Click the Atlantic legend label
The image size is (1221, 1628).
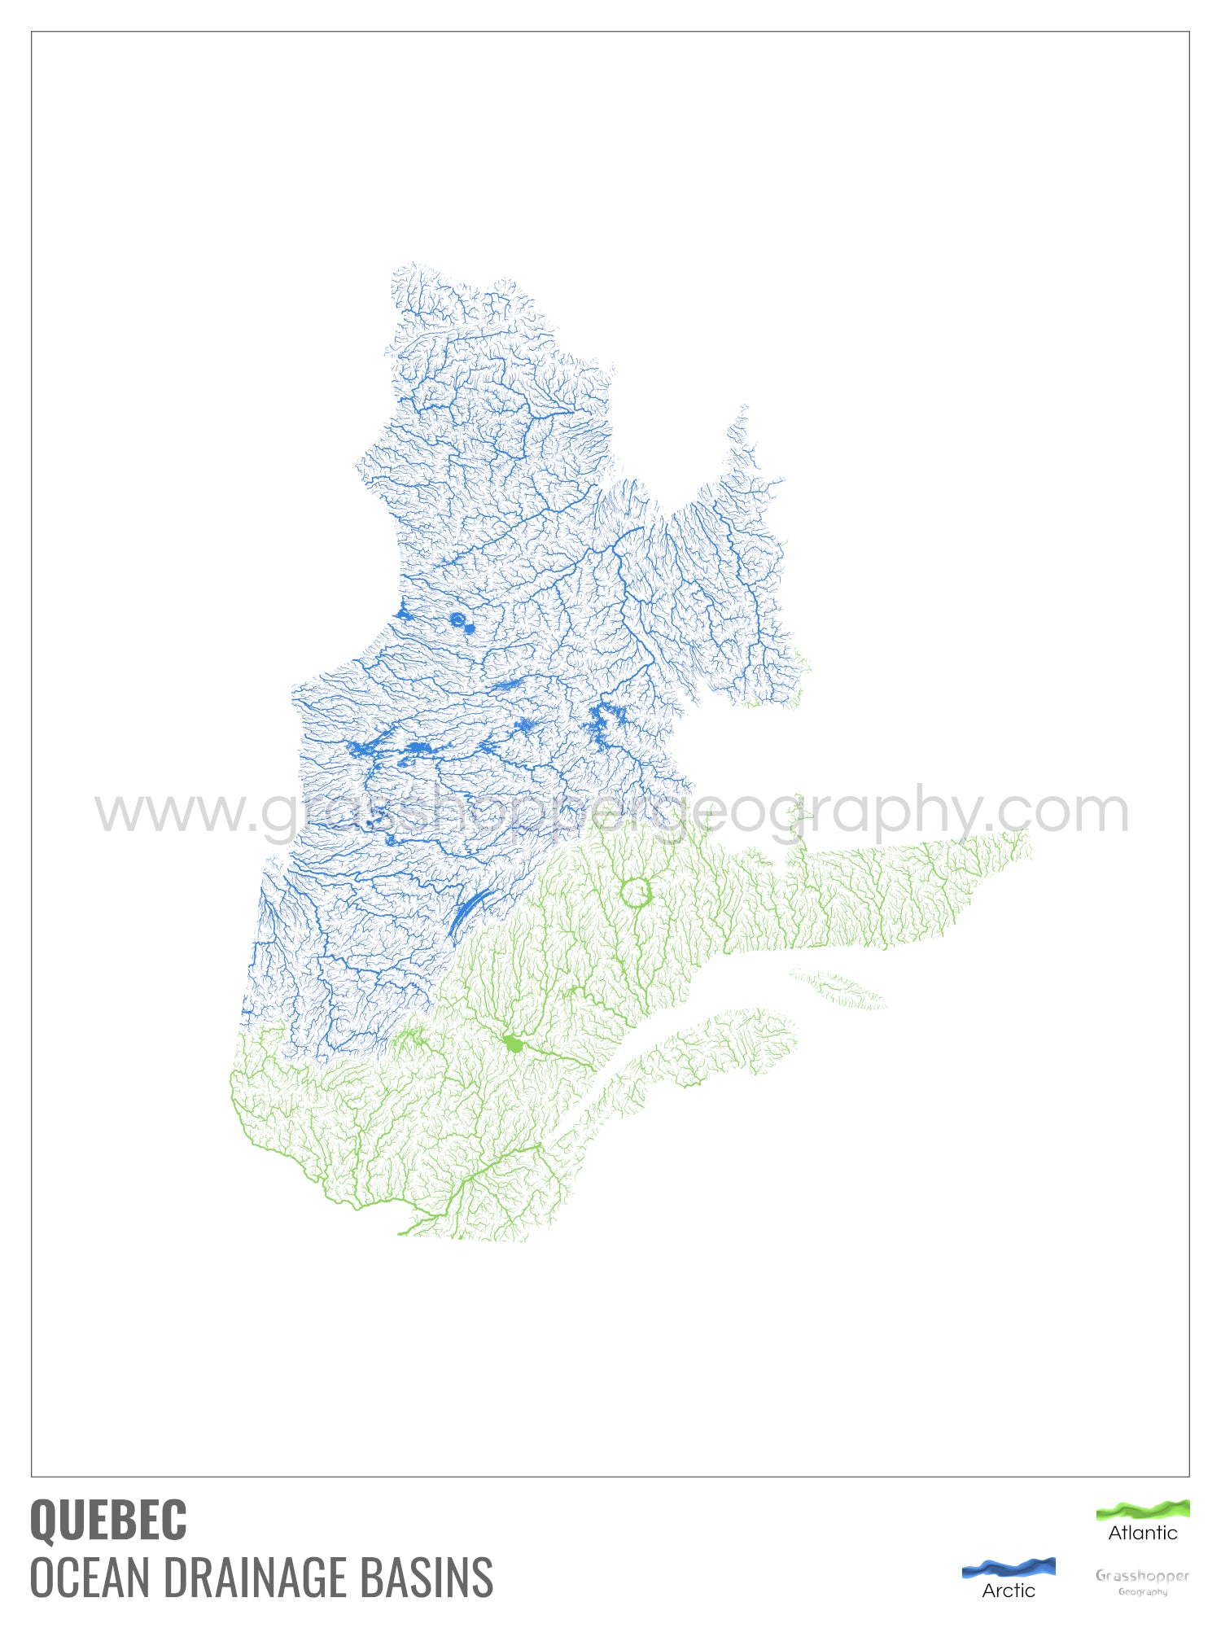(1142, 1533)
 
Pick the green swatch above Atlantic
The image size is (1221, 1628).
(1142, 1510)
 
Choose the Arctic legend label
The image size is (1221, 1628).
(1008, 1591)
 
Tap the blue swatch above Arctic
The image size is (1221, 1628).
(1008, 1567)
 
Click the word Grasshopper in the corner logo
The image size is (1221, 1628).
(1142, 1576)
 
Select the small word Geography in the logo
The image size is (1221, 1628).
(1142, 1592)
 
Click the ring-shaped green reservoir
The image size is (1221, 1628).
(636, 892)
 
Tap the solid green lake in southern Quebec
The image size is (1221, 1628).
(513, 1044)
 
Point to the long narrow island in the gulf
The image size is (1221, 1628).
(838, 988)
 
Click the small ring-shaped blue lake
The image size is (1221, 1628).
(457, 620)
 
